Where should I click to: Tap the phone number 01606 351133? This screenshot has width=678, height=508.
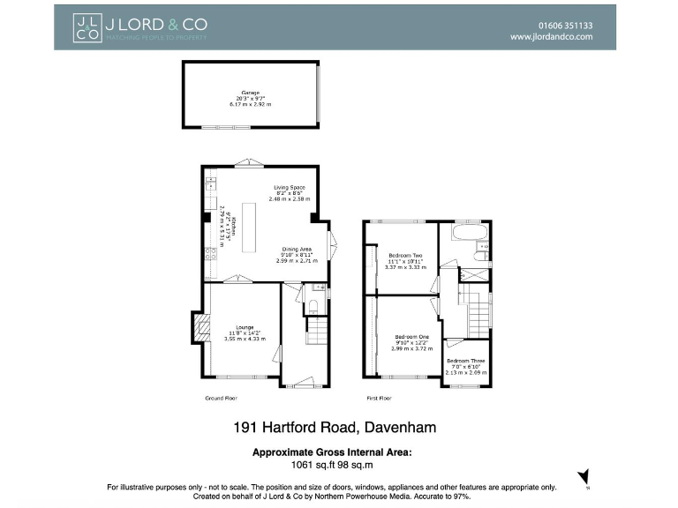(563, 26)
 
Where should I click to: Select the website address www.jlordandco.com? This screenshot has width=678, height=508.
(552, 37)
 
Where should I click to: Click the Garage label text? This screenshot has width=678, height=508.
(251, 92)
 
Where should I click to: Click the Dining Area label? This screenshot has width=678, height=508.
(297, 249)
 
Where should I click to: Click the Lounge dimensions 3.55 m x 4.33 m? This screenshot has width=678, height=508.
(245, 339)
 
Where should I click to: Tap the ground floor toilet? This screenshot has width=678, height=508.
(311, 306)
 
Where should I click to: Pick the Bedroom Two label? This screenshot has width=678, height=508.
(406, 256)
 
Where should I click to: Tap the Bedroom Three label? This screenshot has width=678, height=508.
(464, 361)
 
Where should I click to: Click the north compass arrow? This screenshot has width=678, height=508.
(583, 477)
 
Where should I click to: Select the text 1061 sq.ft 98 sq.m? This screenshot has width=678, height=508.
(333, 464)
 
